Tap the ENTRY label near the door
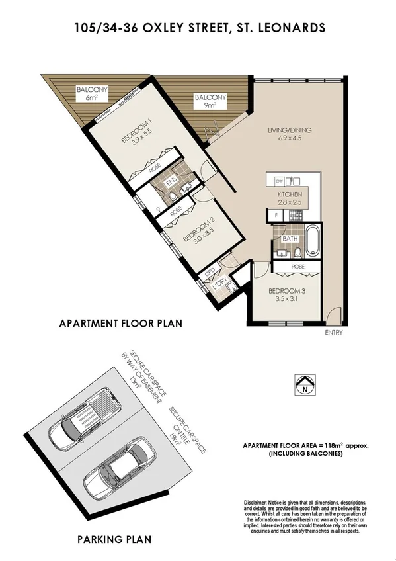click(334, 333)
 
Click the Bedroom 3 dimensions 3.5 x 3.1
click(286, 299)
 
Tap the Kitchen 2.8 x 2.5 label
click(290, 198)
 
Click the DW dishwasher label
click(280, 181)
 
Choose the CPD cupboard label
click(210, 271)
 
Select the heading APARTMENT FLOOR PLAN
click(120, 324)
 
